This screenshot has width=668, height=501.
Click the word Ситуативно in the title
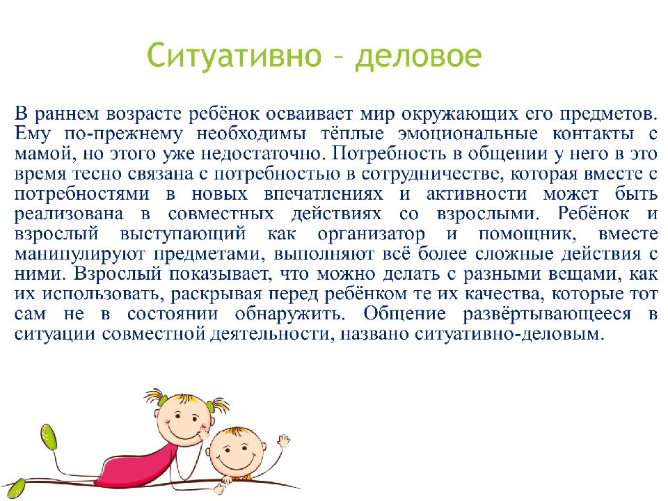click(x=234, y=56)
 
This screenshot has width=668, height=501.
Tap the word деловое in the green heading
click(x=418, y=56)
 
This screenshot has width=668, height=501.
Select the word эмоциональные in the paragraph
click(x=468, y=134)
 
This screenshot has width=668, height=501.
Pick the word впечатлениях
click(x=324, y=194)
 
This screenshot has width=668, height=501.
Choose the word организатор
click(x=371, y=234)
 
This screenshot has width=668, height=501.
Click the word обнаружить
click(x=289, y=315)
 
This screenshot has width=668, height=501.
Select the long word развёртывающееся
click(x=547, y=315)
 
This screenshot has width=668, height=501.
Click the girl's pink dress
click(x=136, y=463)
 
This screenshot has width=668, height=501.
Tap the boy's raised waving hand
click(x=283, y=443)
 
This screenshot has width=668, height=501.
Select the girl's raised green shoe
click(x=50, y=436)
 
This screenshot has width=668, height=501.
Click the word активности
click(x=477, y=194)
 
